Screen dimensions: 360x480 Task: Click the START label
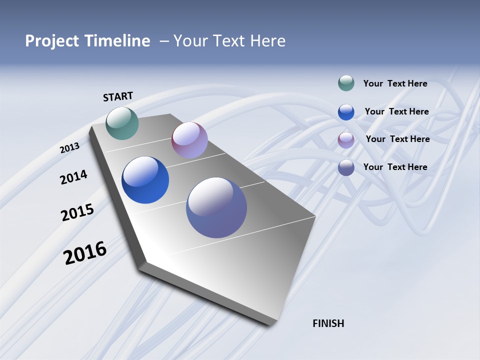click(118, 96)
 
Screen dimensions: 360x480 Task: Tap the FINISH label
click(328, 323)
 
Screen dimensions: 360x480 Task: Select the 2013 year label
click(69, 147)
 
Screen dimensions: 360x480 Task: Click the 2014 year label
click(73, 177)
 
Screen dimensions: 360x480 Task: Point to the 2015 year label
click(77, 212)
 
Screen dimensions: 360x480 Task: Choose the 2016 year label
click(85, 252)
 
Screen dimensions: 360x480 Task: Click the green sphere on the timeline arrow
click(122, 123)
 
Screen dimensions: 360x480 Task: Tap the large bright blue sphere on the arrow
click(145, 180)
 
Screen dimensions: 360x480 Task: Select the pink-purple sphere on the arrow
click(189, 140)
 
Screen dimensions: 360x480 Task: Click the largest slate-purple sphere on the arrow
click(216, 207)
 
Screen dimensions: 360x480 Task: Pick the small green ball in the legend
click(346, 83)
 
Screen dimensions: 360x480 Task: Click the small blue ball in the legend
click(346, 112)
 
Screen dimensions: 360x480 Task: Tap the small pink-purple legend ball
click(346, 140)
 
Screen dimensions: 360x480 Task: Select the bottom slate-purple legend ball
click(346, 167)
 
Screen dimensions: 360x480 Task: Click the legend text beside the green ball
click(395, 83)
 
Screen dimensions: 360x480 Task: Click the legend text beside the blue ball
click(396, 111)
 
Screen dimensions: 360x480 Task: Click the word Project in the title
click(51, 41)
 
